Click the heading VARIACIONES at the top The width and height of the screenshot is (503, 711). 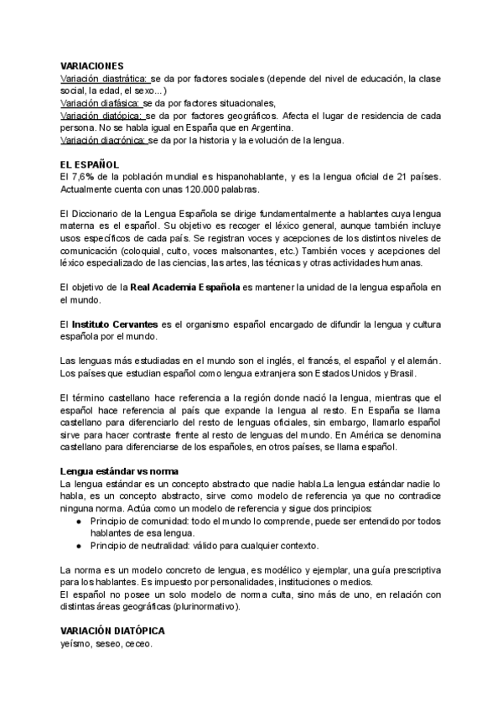[x=92, y=65]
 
